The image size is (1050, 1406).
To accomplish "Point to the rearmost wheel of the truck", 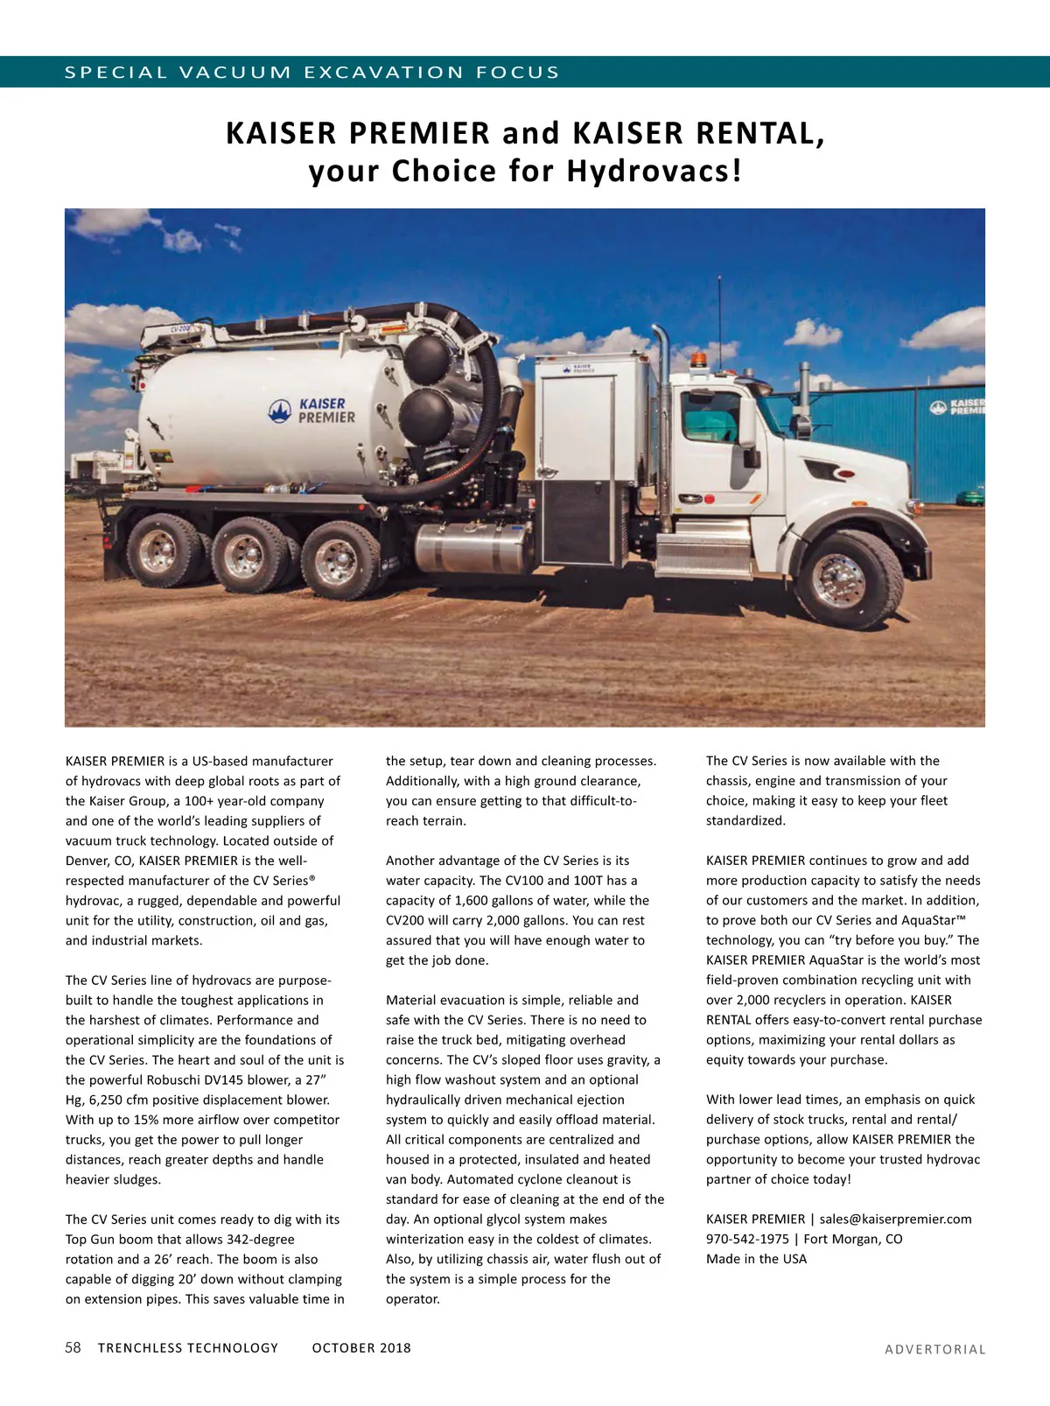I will pyautogui.click(x=161, y=553).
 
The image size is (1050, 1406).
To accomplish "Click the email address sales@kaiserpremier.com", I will pyautogui.click(x=895, y=1219).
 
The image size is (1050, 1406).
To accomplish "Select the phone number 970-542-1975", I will pyautogui.click(x=747, y=1239).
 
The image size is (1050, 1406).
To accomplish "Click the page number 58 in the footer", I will pyautogui.click(x=73, y=1347).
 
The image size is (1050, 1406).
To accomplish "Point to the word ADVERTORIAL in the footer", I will pyautogui.click(x=934, y=1349).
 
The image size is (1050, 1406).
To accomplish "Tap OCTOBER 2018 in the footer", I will pyautogui.click(x=361, y=1348).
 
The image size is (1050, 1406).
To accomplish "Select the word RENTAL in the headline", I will pyautogui.click(x=759, y=133).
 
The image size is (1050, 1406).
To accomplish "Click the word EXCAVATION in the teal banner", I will pyautogui.click(x=383, y=73).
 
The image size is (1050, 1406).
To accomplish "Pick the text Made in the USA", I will pyautogui.click(x=756, y=1259).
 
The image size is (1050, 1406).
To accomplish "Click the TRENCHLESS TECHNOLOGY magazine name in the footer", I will pyautogui.click(x=188, y=1348).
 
